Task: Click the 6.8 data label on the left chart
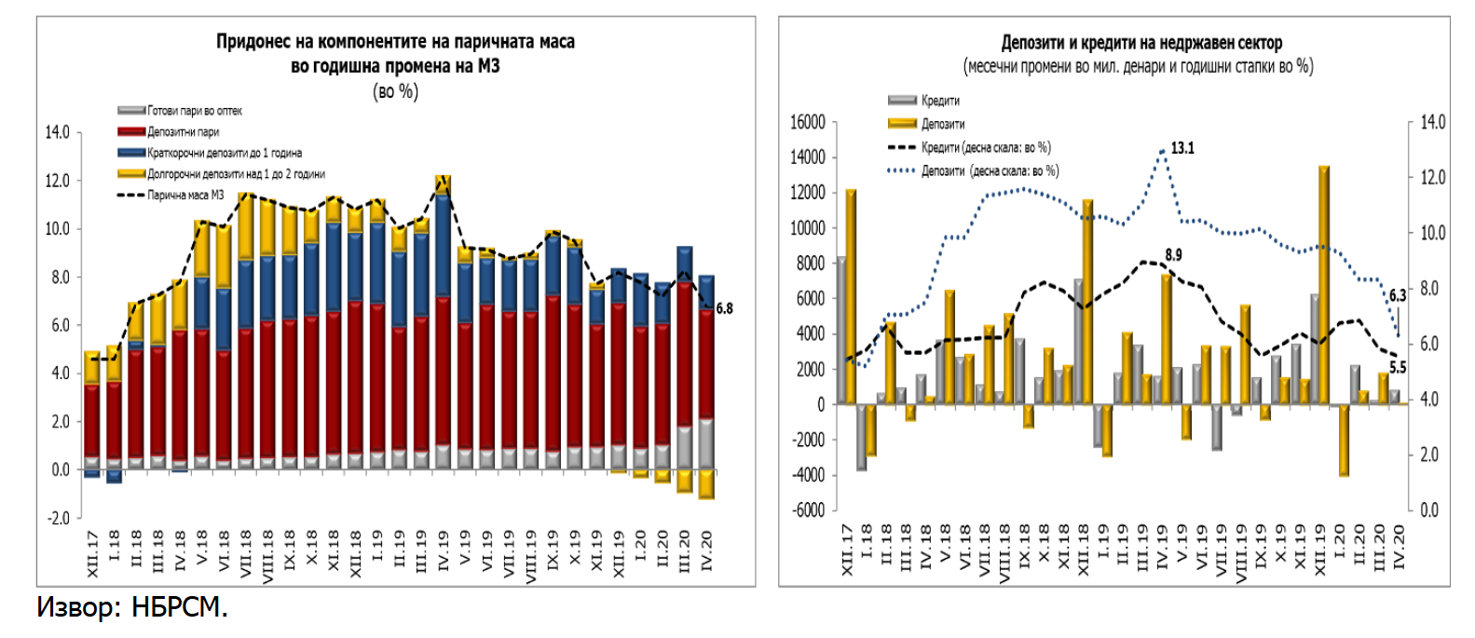(x=724, y=308)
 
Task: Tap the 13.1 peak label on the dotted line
(x=1182, y=148)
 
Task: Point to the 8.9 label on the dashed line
(x=1173, y=254)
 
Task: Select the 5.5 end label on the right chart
(x=1398, y=368)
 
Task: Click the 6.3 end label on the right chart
(x=1398, y=295)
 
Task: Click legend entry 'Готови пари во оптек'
(x=194, y=111)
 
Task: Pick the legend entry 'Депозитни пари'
(x=183, y=132)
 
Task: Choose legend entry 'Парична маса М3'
(x=185, y=196)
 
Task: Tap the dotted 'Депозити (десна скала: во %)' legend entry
(x=990, y=171)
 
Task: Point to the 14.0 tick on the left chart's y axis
(x=58, y=132)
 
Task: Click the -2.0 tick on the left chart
(x=59, y=518)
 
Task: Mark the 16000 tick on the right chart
(x=807, y=122)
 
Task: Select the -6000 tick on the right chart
(x=807, y=509)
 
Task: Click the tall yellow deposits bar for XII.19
(x=1324, y=284)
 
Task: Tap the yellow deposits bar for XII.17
(x=851, y=296)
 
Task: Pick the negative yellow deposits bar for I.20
(x=1344, y=440)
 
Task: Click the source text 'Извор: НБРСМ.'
(x=131, y=607)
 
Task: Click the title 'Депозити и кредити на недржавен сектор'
(x=1141, y=43)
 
